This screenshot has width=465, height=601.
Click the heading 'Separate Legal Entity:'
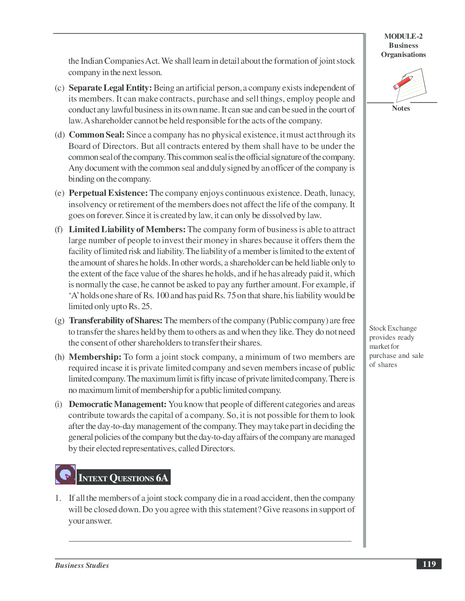tap(110, 88)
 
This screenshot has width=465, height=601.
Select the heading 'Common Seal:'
tap(96, 135)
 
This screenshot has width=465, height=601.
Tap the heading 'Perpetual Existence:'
tap(108, 193)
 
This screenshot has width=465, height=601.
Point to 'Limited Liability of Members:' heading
tap(127, 229)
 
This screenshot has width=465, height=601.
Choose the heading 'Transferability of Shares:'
tap(115, 321)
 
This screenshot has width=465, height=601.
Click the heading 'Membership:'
tap(95, 357)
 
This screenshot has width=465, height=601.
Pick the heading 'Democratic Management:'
tap(117, 404)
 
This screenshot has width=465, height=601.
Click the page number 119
tap(429, 564)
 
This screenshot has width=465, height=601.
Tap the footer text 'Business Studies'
tap(82, 565)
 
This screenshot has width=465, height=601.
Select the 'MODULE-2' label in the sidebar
tap(403, 36)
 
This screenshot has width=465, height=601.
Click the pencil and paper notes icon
tap(409, 85)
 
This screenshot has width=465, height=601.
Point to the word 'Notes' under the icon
tap(401, 108)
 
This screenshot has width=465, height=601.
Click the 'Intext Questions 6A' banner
tap(123, 478)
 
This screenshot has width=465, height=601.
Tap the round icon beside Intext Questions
tap(65, 474)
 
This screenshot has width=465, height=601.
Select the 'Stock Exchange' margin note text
tap(393, 328)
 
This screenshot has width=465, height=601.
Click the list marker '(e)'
tap(59, 193)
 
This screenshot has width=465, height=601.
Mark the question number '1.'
tap(58, 498)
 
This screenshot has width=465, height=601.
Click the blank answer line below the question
tap(210, 541)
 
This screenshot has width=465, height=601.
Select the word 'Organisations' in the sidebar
tap(403, 55)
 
